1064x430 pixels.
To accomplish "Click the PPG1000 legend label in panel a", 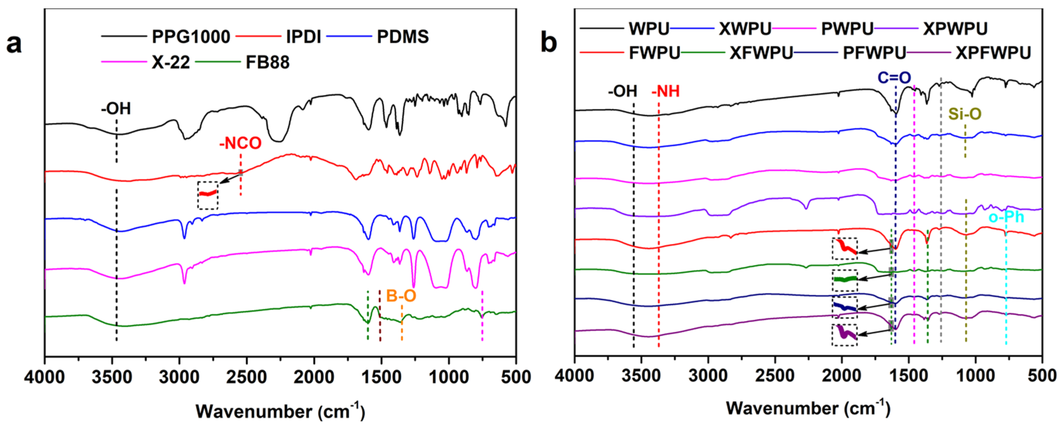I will (x=191, y=37).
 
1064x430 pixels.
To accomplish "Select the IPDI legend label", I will (x=304, y=37).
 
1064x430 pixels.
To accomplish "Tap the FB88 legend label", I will (x=268, y=63).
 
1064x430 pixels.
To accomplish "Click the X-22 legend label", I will (x=170, y=63).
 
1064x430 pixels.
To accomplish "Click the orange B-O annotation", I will (x=401, y=296).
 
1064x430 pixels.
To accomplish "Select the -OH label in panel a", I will (x=116, y=109).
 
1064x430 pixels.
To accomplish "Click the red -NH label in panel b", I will (x=666, y=91).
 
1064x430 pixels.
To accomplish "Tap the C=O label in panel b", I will (x=894, y=78).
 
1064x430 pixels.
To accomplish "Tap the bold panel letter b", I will (x=549, y=43).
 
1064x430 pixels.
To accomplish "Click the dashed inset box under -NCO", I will (x=208, y=195).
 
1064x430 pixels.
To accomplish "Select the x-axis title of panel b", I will (x=808, y=408).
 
